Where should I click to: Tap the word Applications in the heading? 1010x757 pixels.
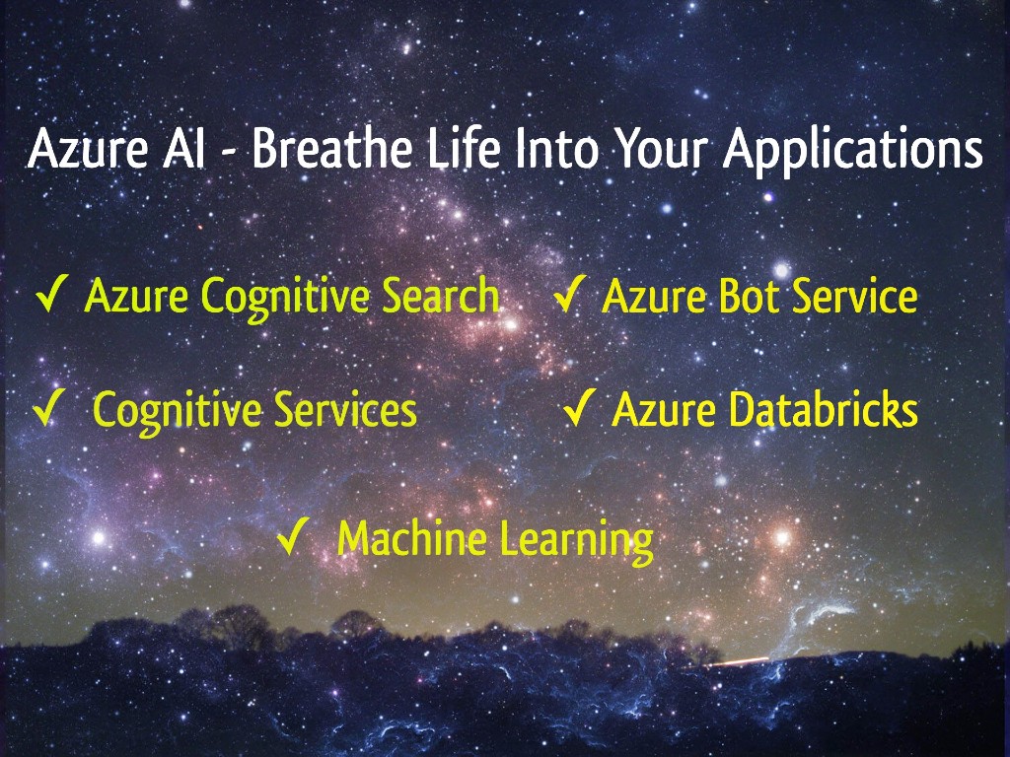(853, 152)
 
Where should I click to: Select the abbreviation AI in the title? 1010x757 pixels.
(183, 149)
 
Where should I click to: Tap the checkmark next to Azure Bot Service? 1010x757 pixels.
(570, 294)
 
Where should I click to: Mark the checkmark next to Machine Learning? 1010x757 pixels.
(294, 536)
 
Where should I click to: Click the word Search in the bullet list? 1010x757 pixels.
(441, 296)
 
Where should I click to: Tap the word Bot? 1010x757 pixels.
(751, 296)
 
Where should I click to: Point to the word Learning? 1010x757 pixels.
(576, 542)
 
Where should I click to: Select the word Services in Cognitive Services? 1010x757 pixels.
(345, 409)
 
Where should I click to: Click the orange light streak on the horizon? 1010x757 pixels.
(740, 661)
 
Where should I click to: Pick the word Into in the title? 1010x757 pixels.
(557, 149)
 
